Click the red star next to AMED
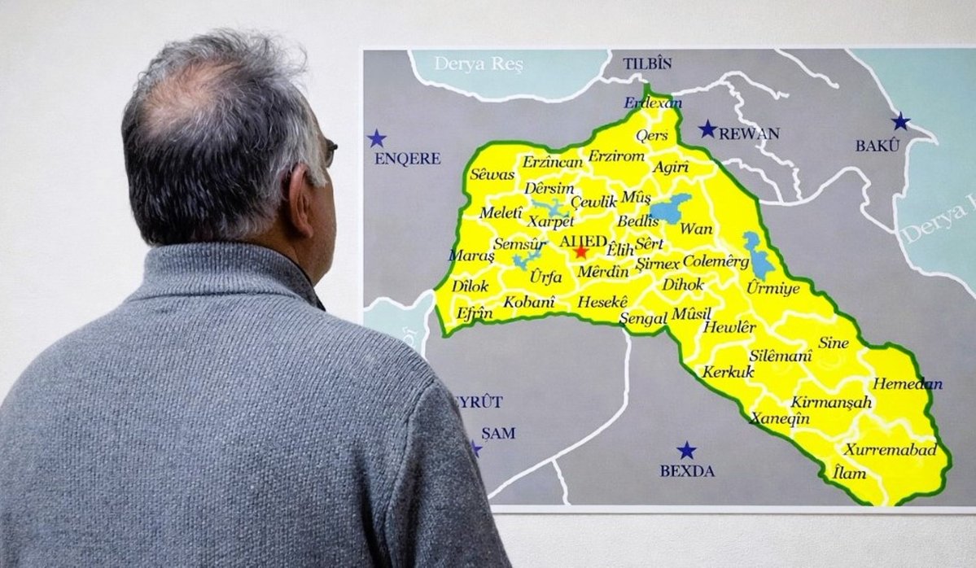click(x=580, y=251)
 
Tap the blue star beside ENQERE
click(x=376, y=138)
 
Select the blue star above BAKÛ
click(x=900, y=122)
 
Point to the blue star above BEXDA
click(x=687, y=451)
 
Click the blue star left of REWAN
click(x=707, y=129)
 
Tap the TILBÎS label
click(x=648, y=63)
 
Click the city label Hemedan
click(x=908, y=384)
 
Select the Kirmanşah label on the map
click(x=831, y=402)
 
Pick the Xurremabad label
click(x=890, y=449)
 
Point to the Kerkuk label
click(x=728, y=372)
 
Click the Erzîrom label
click(x=616, y=155)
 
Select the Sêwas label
click(x=492, y=175)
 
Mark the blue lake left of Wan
click(x=669, y=209)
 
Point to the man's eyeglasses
click(x=330, y=151)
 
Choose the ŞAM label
click(x=498, y=433)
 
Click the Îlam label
click(x=850, y=472)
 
